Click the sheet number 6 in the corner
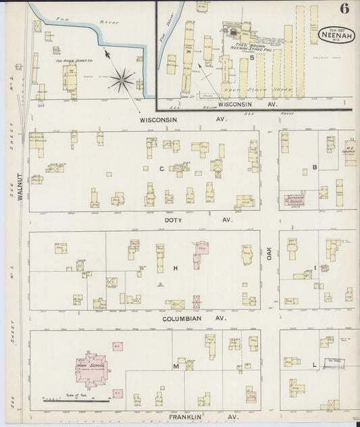344,9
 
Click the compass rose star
123,80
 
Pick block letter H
176,268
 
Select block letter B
315,166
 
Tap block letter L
315,365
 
